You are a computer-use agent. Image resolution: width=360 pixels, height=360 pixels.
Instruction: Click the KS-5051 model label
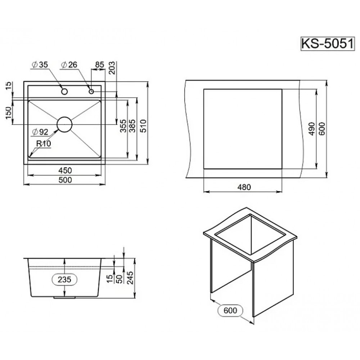click(x=328, y=44)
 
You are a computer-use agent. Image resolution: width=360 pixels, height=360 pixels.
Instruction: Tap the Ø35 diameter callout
click(x=40, y=65)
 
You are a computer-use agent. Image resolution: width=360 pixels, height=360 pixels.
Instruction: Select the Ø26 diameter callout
click(x=69, y=65)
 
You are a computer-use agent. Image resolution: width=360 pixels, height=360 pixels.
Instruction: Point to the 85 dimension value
click(x=100, y=64)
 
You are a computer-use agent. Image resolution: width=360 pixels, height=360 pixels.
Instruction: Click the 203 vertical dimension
click(x=112, y=68)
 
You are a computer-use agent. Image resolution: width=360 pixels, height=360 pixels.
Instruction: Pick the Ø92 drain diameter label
click(x=40, y=132)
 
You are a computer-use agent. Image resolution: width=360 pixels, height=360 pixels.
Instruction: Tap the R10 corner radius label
click(x=44, y=144)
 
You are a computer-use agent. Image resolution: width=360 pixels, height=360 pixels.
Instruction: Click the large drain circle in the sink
click(x=64, y=124)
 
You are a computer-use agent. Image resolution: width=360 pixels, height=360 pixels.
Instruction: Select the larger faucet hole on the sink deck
click(x=64, y=91)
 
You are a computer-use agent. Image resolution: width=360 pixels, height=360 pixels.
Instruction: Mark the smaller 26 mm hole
click(x=91, y=91)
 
